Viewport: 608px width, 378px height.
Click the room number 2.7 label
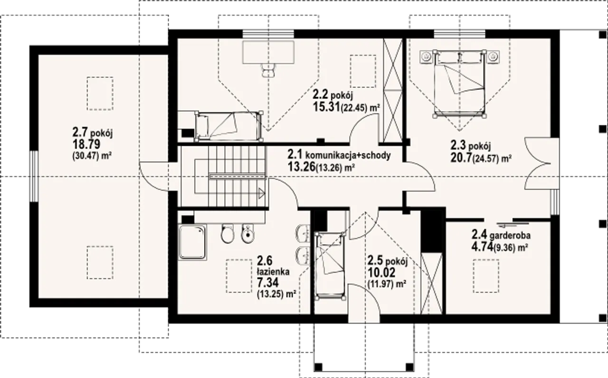80,132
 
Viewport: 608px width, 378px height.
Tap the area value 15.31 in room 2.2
326,107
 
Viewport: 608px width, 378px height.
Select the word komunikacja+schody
348,155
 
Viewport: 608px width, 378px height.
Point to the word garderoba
510,236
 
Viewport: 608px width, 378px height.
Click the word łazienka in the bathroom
273,271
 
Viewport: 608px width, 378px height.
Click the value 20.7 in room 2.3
461,157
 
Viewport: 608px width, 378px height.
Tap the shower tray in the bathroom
192,242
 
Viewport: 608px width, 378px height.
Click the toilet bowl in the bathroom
227,233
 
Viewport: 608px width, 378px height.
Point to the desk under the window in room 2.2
268,52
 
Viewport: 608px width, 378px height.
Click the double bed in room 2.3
459,84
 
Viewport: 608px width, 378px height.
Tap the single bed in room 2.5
330,265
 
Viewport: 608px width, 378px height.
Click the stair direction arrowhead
262,193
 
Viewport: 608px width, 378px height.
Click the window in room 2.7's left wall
34,176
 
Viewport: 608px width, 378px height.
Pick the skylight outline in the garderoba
486,276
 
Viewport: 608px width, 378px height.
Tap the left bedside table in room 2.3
426,57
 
